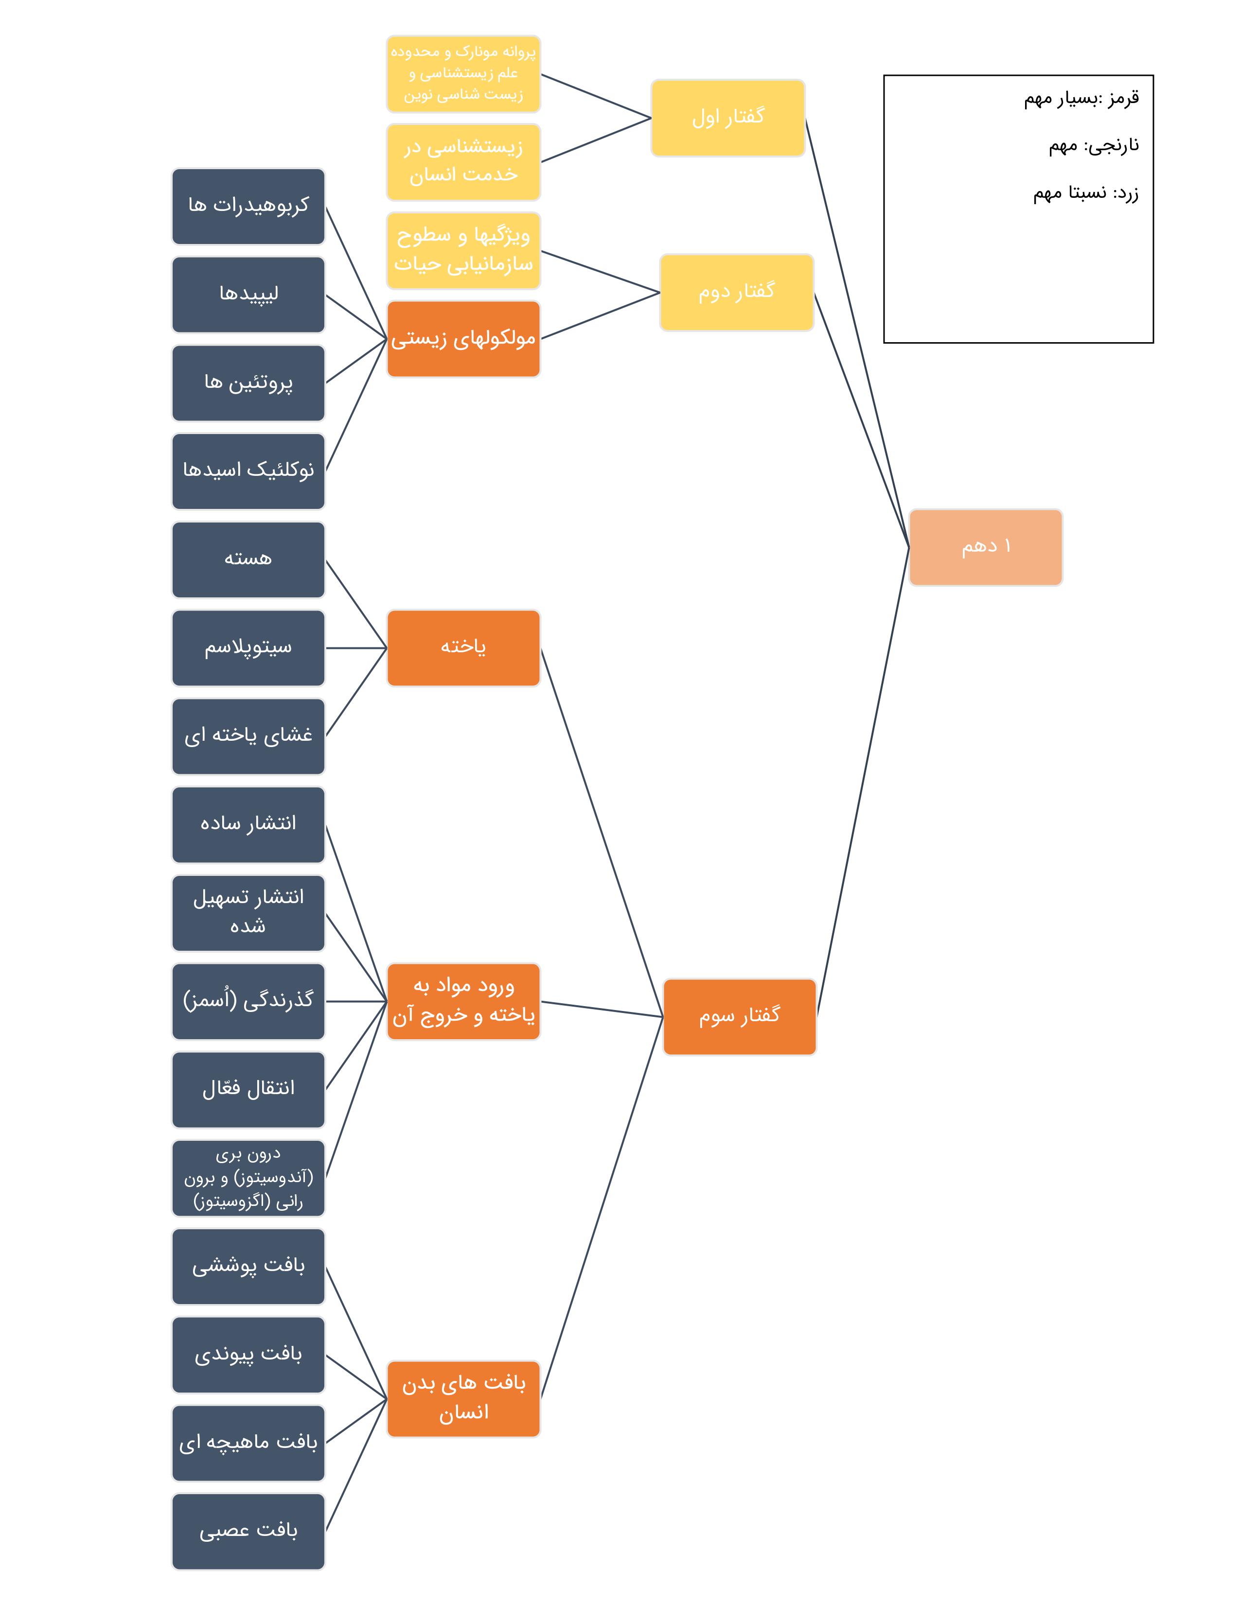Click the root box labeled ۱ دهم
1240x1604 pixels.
pyautogui.click(x=985, y=547)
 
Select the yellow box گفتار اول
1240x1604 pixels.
pyautogui.click(x=727, y=118)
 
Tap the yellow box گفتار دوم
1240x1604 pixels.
pyautogui.click(x=736, y=292)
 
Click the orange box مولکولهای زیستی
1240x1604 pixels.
pyautogui.click(x=463, y=339)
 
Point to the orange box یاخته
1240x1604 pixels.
pyautogui.click(x=463, y=648)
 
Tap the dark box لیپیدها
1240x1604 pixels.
pyautogui.click(x=248, y=295)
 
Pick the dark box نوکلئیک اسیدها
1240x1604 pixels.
pyautogui.click(x=248, y=471)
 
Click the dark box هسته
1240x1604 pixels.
pyautogui.click(x=248, y=559)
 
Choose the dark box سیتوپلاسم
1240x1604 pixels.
pyautogui.click(x=248, y=648)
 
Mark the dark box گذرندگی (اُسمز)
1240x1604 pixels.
pyautogui.click(x=248, y=1001)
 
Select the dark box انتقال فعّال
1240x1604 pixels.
pyautogui.click(x=248, y=1089)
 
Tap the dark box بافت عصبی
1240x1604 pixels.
pyautogui.click(x=248, y=1531)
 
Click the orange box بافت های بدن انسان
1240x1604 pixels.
pyautogui.click(x=463, y=1398)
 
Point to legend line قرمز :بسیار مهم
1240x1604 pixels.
pyautogui.click(x=1081, y=98)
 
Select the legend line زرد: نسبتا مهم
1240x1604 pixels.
pyautogui.click(x=1086, y=193)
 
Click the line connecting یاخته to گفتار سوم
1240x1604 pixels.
pyautogui.click(x=602, y=832)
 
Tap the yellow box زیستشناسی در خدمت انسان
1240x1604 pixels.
pyautogui.click(x=463, y=161)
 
